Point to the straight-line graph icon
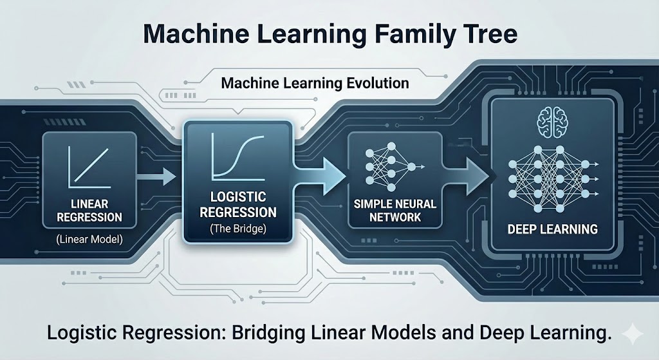[89, 164]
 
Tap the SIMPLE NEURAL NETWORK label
[394, 211]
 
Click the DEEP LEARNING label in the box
[552, 229]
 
